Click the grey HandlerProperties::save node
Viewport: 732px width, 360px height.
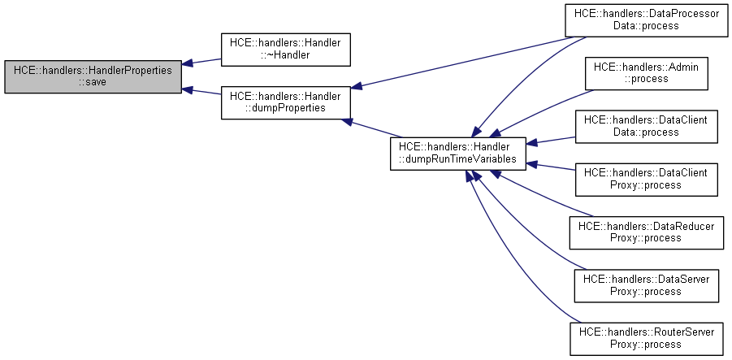(93, 76)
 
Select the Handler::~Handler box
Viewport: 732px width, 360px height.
(285, 50)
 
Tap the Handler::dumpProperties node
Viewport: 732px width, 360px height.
(285, 102)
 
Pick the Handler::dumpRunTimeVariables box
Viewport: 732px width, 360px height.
(458, 154)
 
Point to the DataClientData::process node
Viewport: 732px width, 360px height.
(646, 126)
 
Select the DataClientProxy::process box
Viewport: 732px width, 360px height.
(646, 179)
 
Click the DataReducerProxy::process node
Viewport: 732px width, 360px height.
(646, 232)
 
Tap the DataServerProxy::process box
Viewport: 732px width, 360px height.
(646, 284)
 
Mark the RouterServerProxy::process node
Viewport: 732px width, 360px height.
(646, 337)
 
